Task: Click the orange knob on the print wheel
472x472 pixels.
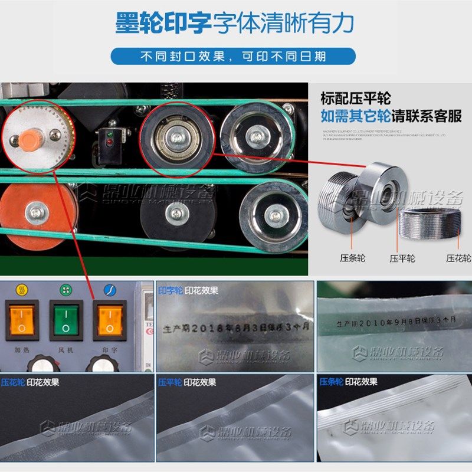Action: pos(30,140)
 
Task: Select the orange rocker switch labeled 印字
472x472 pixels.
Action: pos(109,319)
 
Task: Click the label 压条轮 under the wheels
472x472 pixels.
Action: pos(353,258)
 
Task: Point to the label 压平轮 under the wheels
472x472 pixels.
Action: pos(402,258)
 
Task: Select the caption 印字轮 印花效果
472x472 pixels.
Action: pos(188,290)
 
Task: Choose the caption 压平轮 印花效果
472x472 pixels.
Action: pos(188,382)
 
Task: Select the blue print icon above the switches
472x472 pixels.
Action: pos(109,290)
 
